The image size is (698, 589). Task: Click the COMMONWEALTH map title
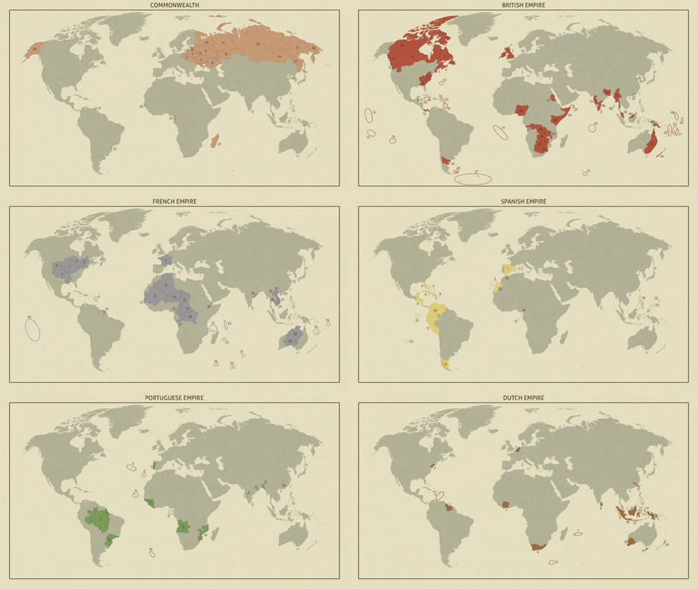tap(174, 5)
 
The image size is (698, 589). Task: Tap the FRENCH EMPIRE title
tap(174, 202)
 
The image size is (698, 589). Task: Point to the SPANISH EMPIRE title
tap(523, 202)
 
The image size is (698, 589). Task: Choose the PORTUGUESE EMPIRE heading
tap(174, 397)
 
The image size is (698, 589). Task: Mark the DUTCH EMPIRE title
tap(523, 397)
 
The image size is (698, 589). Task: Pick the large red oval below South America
tap(473, 179)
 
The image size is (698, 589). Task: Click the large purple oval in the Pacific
tap(32, 329)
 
